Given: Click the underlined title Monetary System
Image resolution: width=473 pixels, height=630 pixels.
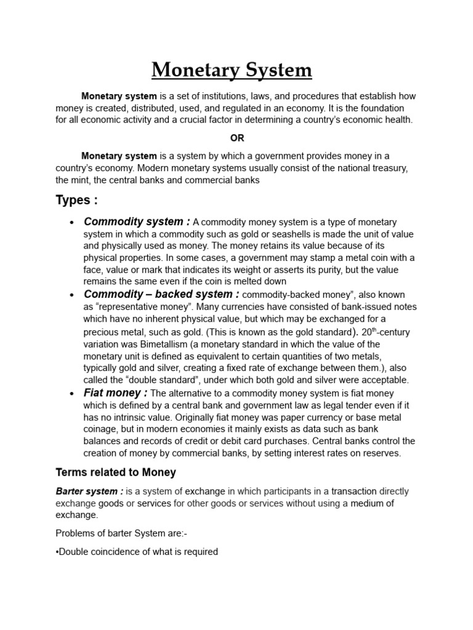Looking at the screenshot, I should pos(232,70).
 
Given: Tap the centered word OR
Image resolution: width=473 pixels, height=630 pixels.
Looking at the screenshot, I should pos(237,138).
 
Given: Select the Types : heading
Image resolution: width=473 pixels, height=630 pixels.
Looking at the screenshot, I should pos(76,200).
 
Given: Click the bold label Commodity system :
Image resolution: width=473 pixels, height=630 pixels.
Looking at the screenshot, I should pos(137,221).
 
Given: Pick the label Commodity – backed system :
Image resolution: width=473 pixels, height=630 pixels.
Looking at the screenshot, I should pos(162,294).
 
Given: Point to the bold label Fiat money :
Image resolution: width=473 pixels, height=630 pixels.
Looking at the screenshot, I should pos(115,393).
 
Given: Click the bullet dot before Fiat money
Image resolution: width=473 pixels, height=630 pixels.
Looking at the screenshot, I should pos(73,394).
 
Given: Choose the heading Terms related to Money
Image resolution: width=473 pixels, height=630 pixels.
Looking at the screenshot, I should pos(116,472).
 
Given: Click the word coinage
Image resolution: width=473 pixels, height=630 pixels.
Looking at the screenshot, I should pos(103,429).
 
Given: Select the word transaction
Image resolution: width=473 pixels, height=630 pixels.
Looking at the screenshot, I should pos(354,491).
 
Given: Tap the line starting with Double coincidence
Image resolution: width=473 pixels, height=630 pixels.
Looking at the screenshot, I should pos(137,551).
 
